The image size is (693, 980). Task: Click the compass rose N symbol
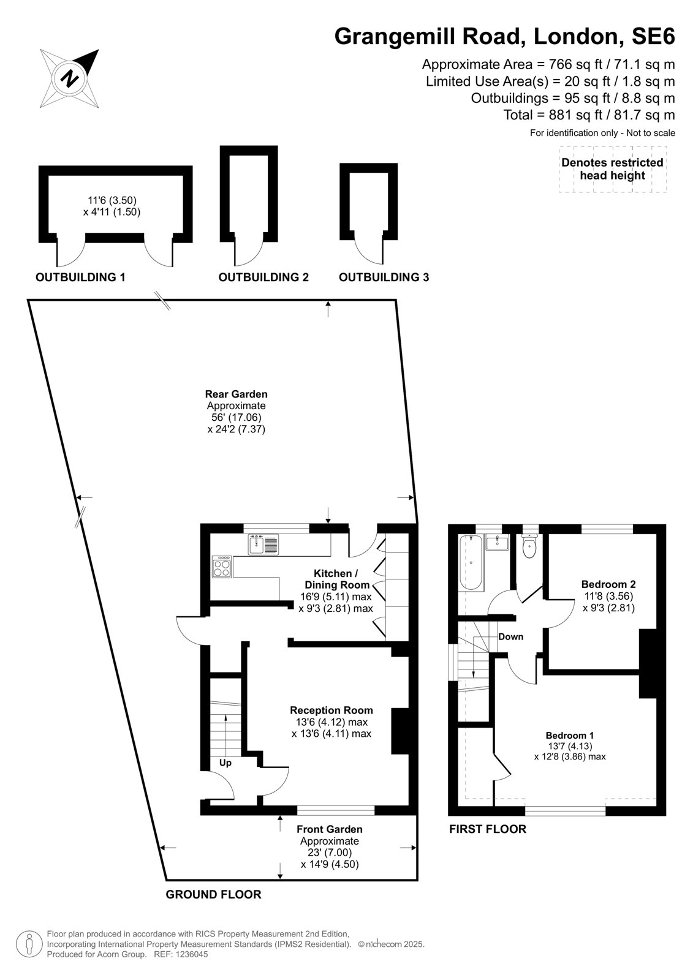tap(69, 79)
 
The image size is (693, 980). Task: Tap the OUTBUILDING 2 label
tap(263, 277)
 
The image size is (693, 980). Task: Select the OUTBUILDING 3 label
tap(384, 277)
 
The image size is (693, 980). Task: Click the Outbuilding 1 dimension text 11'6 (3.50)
tap(112, 200)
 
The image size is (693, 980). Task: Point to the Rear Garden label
tap(237, 394)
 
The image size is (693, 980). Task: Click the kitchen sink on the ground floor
tap(263, 545)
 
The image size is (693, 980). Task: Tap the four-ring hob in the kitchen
tap(222, 567)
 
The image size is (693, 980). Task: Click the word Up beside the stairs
tap(225, 775)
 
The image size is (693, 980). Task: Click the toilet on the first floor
tap(529, 546)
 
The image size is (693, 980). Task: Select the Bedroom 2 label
tap(608, 584)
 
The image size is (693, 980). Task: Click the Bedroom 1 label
tap(570, 736)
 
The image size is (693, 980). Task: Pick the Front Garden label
tap(330, 829)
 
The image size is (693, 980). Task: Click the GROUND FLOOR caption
tap(213, 895)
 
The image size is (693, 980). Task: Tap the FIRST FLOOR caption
tap(488, 829)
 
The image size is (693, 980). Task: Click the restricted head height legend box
tap(613, 169)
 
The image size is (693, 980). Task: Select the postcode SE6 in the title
tap(653, 36)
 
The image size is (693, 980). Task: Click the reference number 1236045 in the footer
tap(192, 954)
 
